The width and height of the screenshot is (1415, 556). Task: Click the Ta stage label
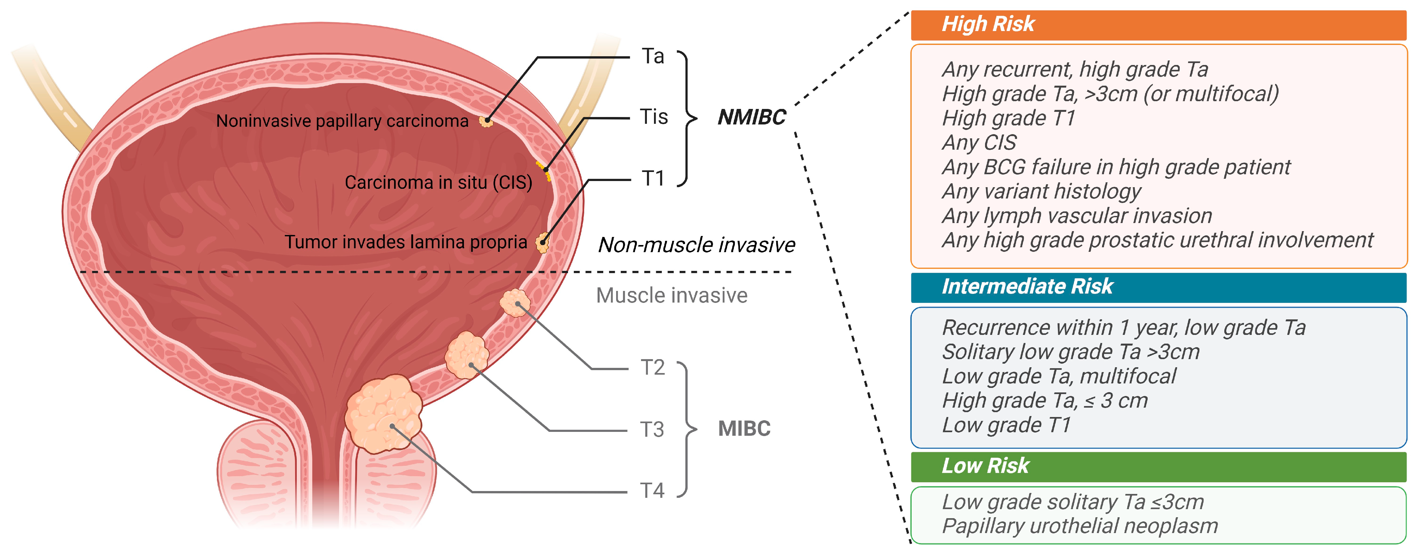[653, 56]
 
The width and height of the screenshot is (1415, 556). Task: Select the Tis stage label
[654, 117]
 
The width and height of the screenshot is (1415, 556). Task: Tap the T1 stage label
[653, 178]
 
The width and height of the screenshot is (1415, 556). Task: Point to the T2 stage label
[653, 367]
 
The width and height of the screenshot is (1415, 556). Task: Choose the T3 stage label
[652, 429]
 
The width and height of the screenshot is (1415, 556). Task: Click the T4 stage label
[652, 490]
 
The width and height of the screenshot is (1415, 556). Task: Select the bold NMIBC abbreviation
[751, 117]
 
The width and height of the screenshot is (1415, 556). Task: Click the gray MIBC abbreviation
[744, 429]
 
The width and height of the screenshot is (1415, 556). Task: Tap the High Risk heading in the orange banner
[988, 24]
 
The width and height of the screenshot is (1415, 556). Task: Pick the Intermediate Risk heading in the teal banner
[1027, 286]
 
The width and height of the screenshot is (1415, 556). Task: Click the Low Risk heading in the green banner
[985, 465]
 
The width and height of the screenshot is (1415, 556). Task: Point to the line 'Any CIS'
[979, 142]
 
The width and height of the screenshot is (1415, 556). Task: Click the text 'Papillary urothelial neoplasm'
[1079, 526]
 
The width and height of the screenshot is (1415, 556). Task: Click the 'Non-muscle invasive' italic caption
[696, 244]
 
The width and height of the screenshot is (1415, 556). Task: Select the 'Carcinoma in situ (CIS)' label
[438, 182]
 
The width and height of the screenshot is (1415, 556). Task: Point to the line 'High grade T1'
[1008, 118]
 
